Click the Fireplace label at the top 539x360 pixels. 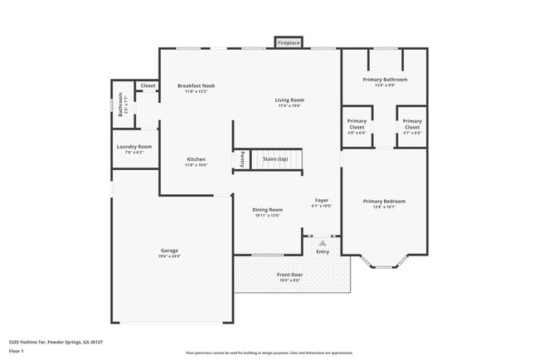(289, 42)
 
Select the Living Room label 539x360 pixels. (289, 100)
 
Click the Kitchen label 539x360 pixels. (196, 159)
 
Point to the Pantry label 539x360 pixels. (242, 158)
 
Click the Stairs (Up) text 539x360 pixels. (274, 158)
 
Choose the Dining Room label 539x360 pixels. (267, 210)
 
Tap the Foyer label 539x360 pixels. (322, 201)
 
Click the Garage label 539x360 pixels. (169, 251)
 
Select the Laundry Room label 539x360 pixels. (133, 147)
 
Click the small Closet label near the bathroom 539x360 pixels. (148, 85)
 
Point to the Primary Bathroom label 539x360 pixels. (385, 80)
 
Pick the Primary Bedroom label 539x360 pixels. (384, 201)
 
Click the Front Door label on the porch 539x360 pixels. (289, 274)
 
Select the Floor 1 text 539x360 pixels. (17, 352)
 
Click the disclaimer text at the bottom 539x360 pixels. (269, 353)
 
